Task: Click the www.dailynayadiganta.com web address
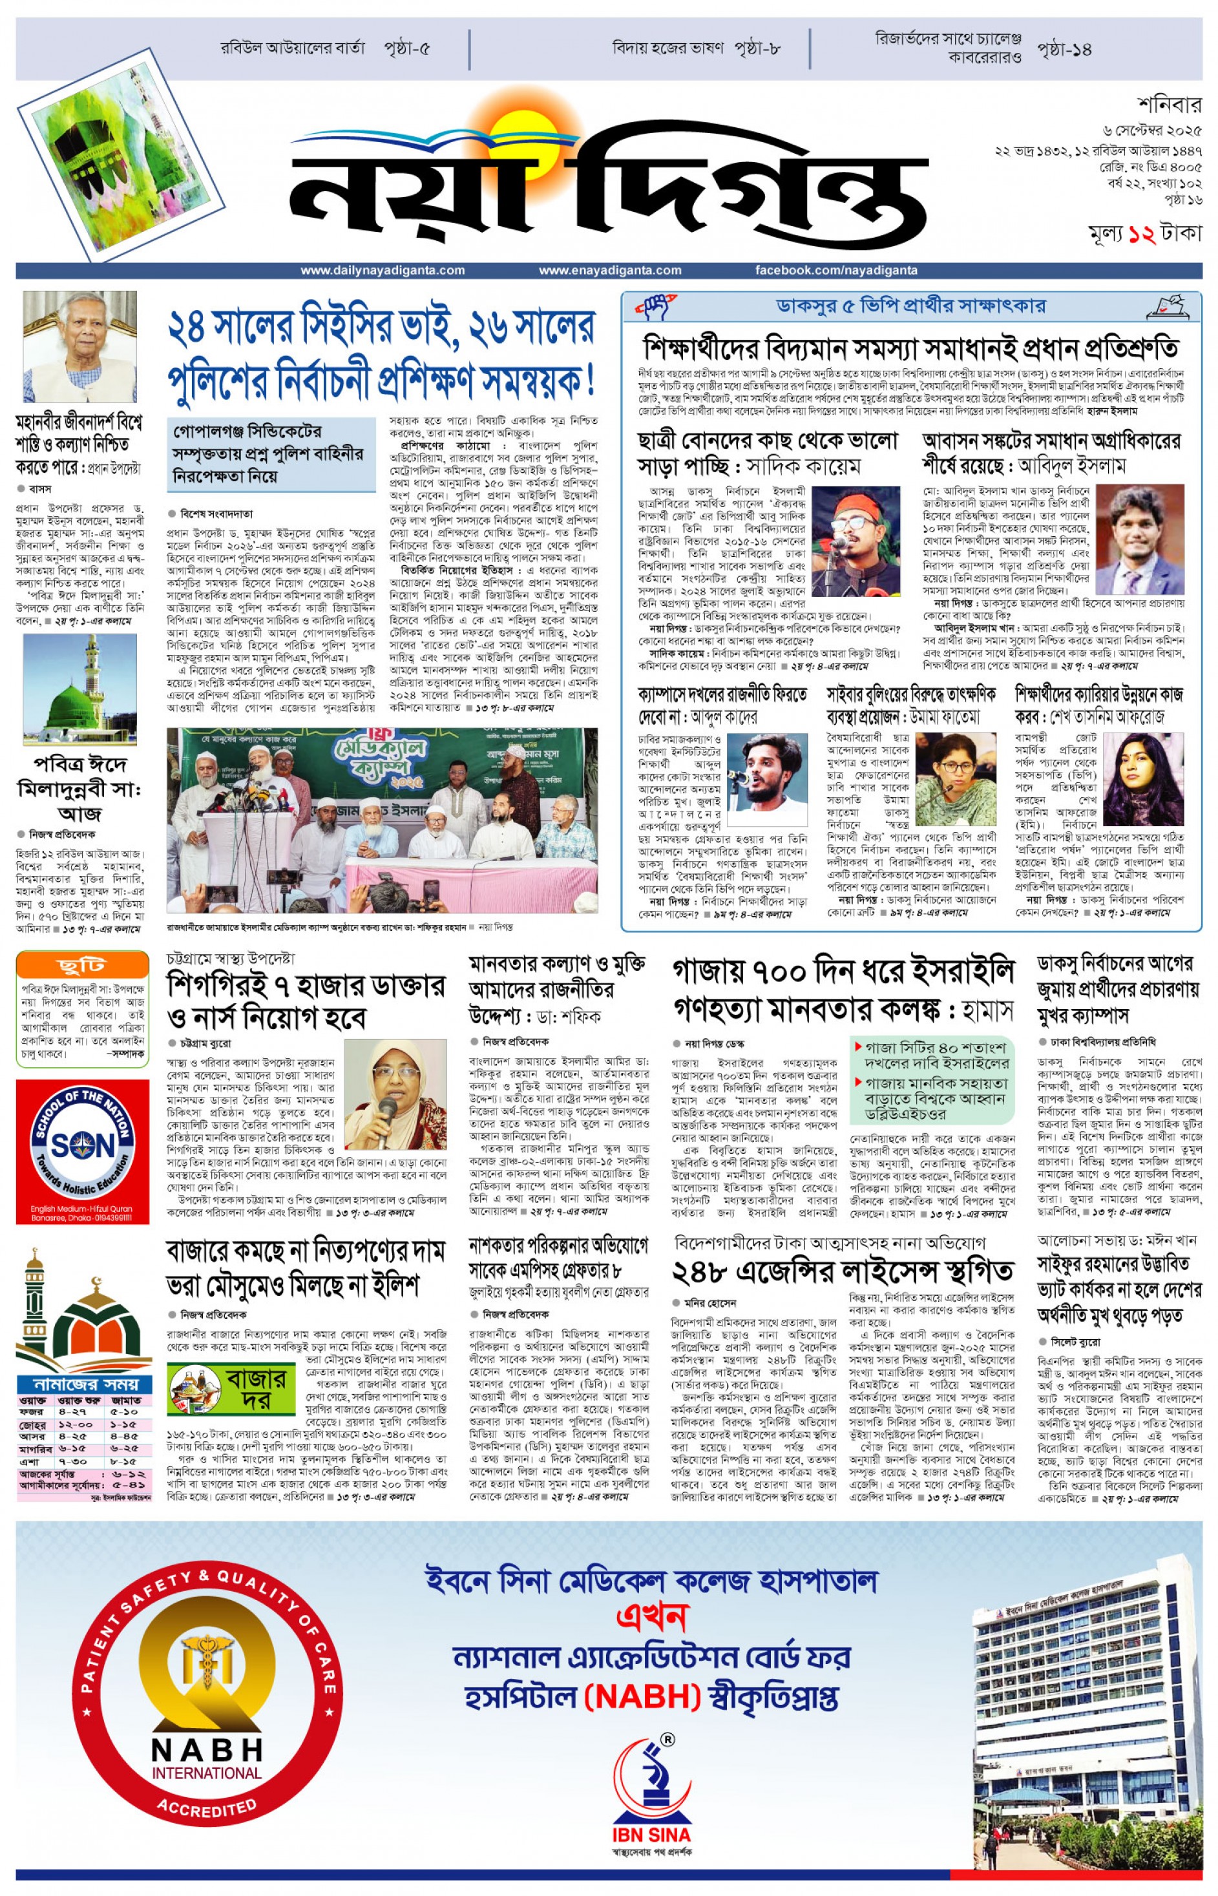coord(382,271)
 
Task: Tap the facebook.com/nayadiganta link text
coord(836,271)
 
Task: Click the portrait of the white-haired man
coord(79,347)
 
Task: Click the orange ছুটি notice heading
coord(82,964)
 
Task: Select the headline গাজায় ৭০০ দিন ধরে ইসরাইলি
coord(843,970)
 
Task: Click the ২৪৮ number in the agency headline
coord(706,1272)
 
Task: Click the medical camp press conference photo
coord(382,820)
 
